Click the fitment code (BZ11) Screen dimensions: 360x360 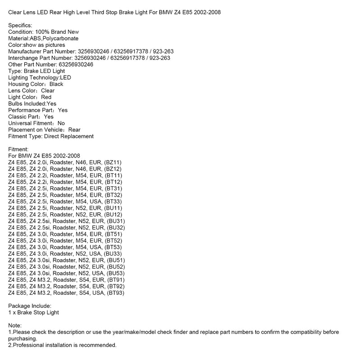coord(112,162)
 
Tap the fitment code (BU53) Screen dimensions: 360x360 coord(116,273)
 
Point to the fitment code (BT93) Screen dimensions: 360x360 coord(115,293)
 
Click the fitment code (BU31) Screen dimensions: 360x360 coord(116,221)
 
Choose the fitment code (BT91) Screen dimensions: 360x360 coord(115,280)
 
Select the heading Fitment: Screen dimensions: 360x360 coord(18,149)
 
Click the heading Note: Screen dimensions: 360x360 coord(15,325)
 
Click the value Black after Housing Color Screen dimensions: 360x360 coord(56,84)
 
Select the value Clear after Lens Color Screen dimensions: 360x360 coord(48,90)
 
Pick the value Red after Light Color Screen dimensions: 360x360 coord(46,97)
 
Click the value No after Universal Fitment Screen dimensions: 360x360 coord(61,123)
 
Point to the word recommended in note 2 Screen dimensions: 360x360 coord(97,345)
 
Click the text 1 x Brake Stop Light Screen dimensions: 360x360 coord(34,312)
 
